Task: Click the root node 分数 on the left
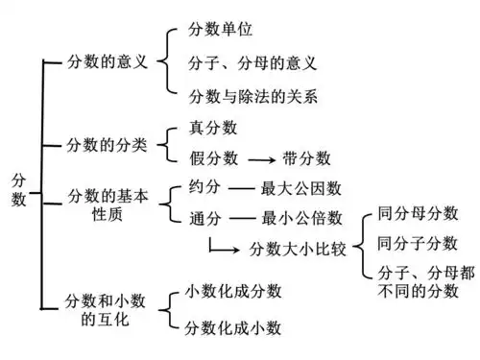(20, 189)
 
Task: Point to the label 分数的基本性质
(109, 205)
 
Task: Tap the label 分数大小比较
(298, 249)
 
